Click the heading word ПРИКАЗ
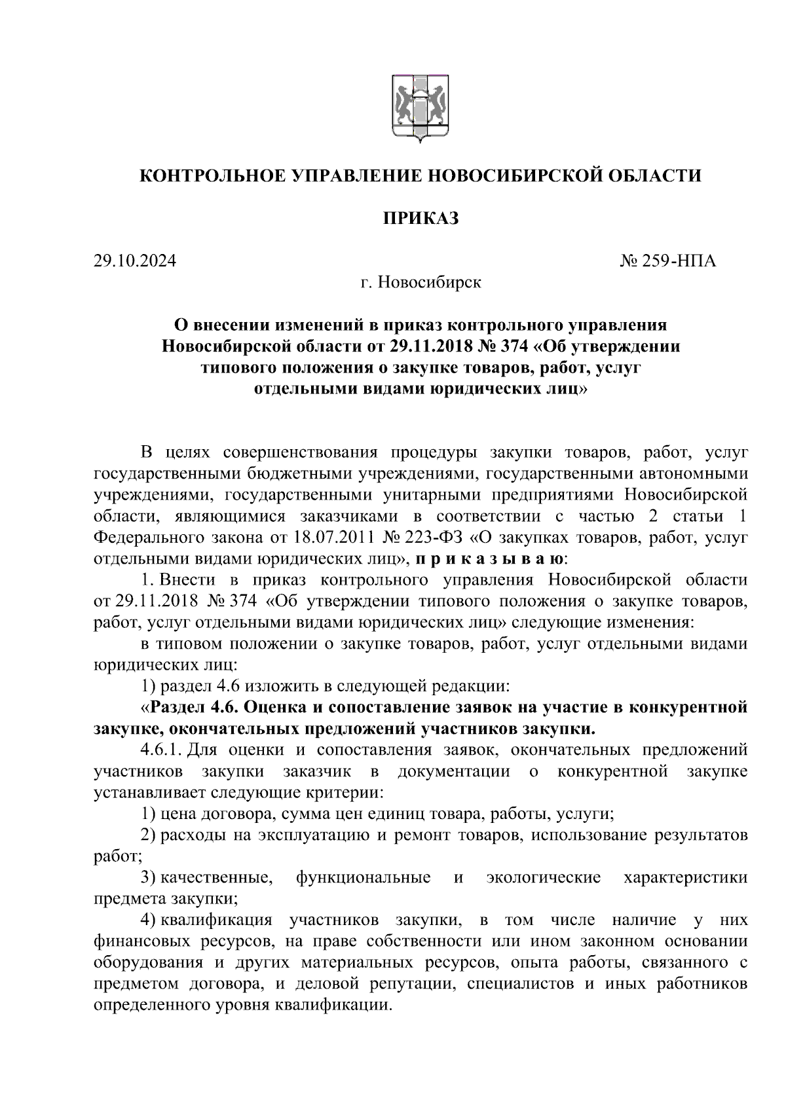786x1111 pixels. (421, 219)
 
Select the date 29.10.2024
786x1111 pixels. (135, 261)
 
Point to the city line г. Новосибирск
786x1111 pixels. (421, 283)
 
